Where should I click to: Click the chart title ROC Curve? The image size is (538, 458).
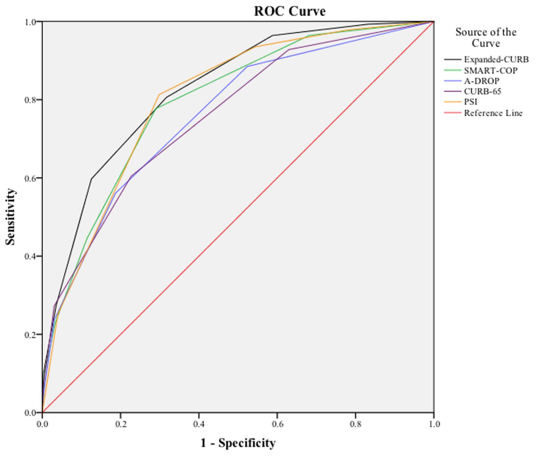tap(289, 11)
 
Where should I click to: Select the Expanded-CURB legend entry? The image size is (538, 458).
tap(496, 60)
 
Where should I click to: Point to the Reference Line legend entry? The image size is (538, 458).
tap(493, 114)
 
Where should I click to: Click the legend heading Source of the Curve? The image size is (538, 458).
tap(486, 38)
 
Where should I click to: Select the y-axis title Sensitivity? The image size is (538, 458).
tap(10, 216)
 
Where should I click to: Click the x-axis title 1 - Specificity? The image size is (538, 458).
tap(238, 443)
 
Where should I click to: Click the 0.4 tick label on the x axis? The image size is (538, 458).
tap(199, 423)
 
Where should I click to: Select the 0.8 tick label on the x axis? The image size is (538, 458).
tap(355, 423)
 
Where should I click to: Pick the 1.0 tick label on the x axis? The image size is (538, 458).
tap(434, 423)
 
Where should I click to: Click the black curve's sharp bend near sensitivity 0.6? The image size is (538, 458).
tap(91, 179)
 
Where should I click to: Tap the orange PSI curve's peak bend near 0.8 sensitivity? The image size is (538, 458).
tap(159, 94)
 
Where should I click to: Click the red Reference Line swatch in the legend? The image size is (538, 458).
tap(452, 114)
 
